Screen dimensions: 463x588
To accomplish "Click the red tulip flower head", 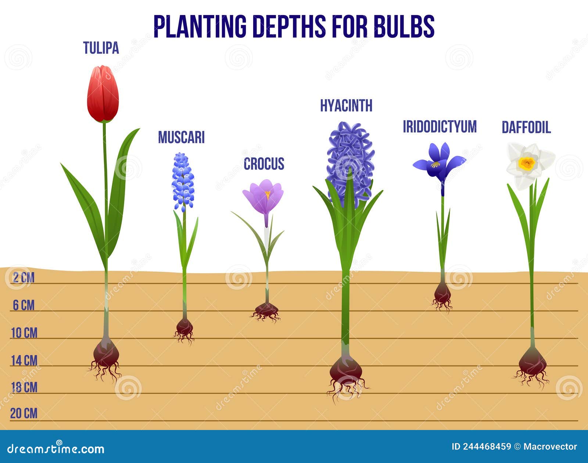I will (103, 94).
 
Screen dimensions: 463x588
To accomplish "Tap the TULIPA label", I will (101, 48).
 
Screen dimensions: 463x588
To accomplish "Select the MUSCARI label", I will (181, 137).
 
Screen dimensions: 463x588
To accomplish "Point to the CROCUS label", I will (264, 164).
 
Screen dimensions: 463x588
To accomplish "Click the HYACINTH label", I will (346, 105).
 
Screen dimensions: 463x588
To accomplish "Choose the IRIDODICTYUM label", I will (440, 127).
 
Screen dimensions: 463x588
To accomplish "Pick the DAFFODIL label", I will (526, 127).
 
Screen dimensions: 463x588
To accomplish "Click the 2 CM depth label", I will (24, 278).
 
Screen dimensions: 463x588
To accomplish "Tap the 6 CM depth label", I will (24, 305).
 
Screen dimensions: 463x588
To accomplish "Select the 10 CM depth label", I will (24, 333).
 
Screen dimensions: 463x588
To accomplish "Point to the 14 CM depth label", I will (24, 361).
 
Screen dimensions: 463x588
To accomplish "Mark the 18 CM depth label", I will (24, 387).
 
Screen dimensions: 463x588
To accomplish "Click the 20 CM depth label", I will (24, 413).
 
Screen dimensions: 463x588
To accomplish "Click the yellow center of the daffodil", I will (527, 163).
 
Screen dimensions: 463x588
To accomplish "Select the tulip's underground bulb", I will (106, 353).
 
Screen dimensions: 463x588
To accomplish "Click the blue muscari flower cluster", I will (183, 182).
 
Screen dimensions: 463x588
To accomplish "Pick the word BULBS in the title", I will (404, 26).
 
